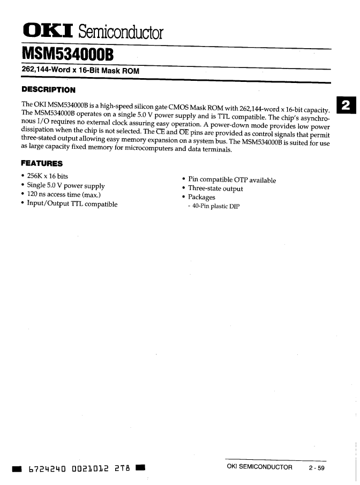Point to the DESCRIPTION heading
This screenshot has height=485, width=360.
tap(48, 89)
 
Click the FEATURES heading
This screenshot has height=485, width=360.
tap(42, 163)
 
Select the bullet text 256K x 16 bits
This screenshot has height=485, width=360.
tap(48, 176)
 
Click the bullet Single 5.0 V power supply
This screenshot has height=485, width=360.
tap(66, 186)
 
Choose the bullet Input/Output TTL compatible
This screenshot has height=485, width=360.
tap(72, 204)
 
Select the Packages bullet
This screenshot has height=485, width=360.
tap(201, 197)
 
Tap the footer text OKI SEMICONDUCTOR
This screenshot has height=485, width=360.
tap(260, 467)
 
